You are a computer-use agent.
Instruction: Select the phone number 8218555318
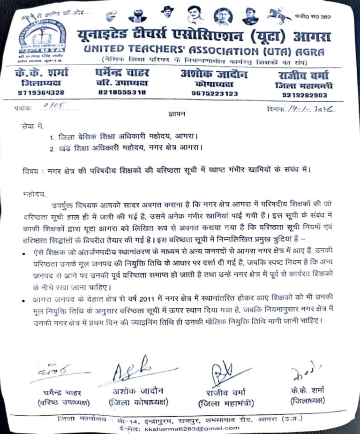point(122,92)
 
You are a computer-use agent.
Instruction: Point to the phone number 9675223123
point(215,93)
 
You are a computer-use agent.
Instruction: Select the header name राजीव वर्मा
point(302,75)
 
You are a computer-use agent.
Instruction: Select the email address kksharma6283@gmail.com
point(192,428)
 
